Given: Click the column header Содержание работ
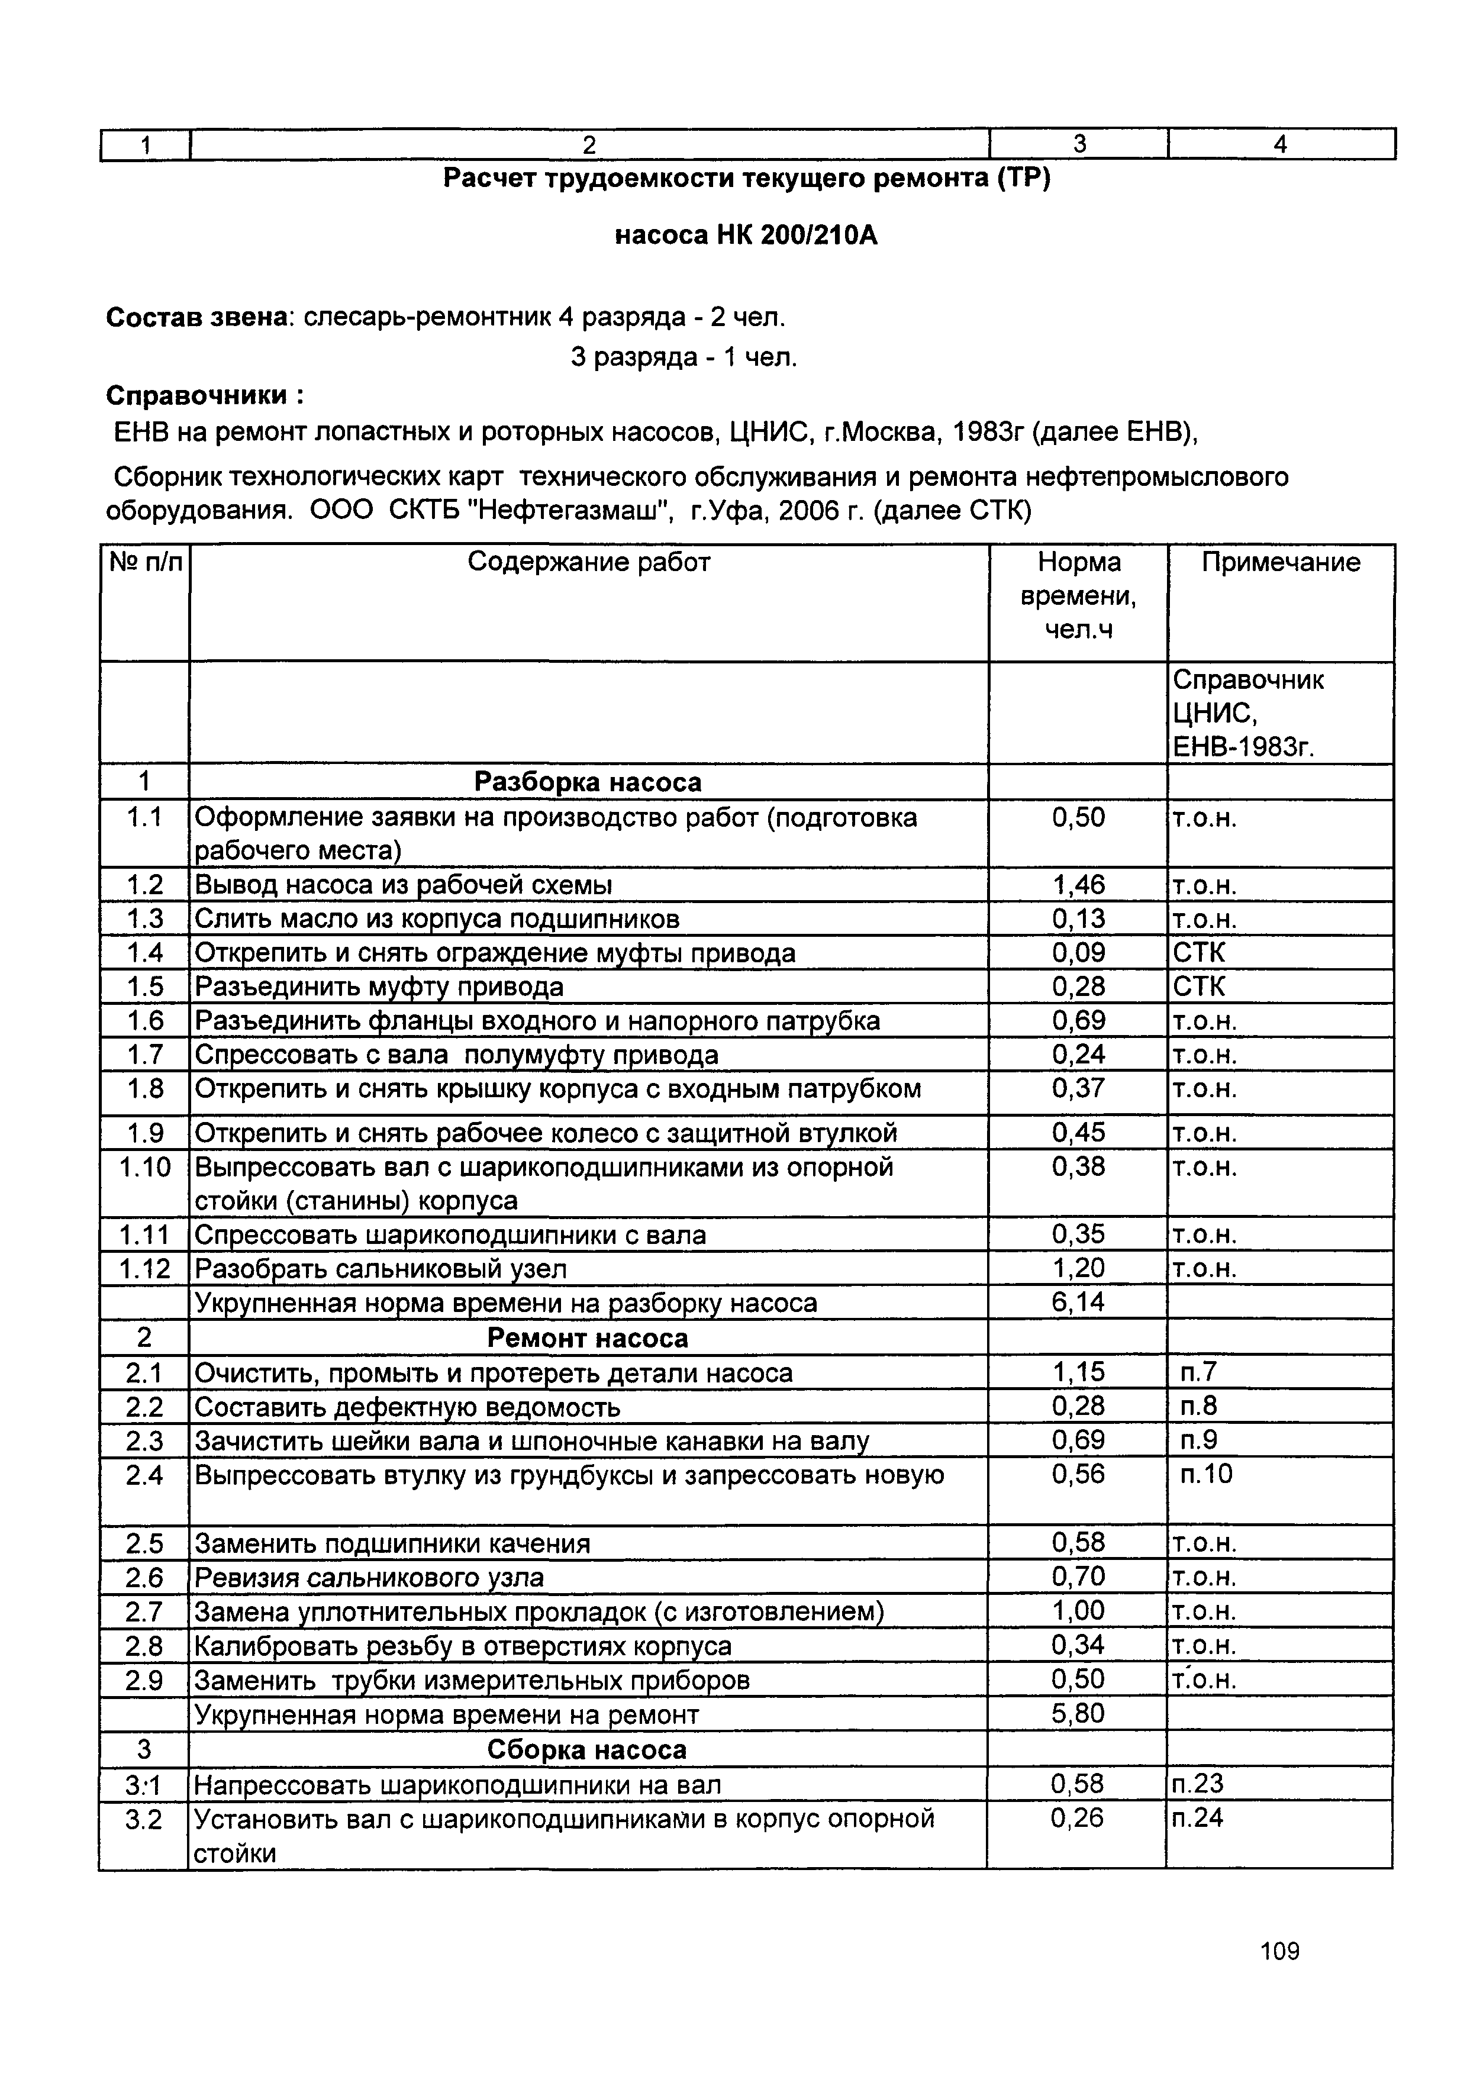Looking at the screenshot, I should pos(588,562).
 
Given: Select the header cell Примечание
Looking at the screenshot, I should pos(1280,562).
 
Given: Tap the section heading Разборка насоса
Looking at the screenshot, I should pos(588,782).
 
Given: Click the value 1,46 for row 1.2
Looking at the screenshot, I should pos(1078,884).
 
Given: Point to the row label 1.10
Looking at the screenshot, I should pos(144,1167).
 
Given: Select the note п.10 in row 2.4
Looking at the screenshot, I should pos(1206,1475).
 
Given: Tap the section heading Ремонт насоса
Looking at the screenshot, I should pos(588,1337).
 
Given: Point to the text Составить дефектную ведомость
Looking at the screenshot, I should pos(408,1407).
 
